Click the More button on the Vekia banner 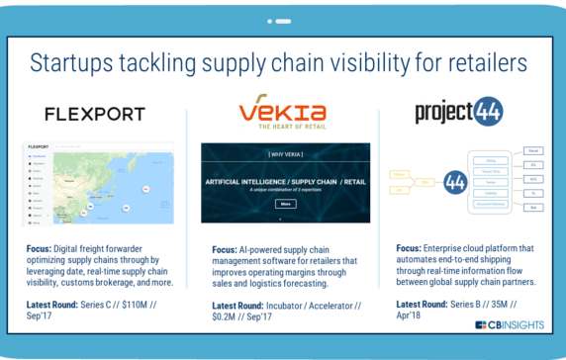[x=285, y=204]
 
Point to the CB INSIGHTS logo [x=509, y=324]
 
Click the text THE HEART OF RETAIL [x=283, y=127]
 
